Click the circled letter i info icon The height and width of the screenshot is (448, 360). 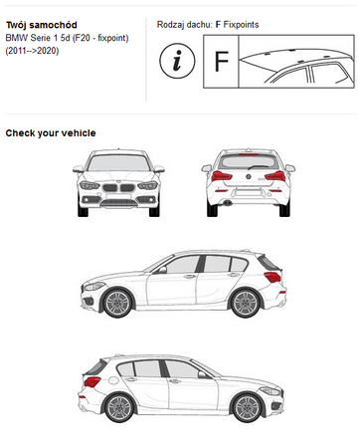click(x=177, y=61)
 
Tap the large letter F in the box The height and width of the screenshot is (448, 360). click(x=221, y=62)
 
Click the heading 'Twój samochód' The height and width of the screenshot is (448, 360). click(x=42, y=25)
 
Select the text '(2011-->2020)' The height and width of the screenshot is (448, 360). click(x=32, y=51)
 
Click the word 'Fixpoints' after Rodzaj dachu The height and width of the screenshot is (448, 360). click(x=241, y=25)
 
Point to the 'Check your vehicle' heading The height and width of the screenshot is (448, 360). click(x=51, y=133)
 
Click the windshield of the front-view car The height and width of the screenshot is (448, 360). click(x=118, y=163)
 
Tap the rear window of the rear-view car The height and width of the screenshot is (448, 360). click(x=249, y=161)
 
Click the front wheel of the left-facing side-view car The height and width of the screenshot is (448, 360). click(x=117, y=303)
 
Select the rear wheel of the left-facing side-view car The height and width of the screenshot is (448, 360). click(x=246, y=303)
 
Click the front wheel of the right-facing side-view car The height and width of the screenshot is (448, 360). click(x=247, y=407)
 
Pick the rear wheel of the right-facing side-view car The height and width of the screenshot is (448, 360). click(x=119, y=407)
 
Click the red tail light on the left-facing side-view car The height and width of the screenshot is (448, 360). click(x=272, y=277)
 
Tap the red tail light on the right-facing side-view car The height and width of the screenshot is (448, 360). click(x=92, y=381)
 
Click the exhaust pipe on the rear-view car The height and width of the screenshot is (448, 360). click(x=227, y=202)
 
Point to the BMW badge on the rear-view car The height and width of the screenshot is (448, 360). click(x=248, y=176)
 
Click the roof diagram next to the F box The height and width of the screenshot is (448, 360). click(x=296, y=62)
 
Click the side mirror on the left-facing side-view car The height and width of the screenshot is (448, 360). click(x=161, y=270)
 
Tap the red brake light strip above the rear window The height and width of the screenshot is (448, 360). click(x=249, y=154)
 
